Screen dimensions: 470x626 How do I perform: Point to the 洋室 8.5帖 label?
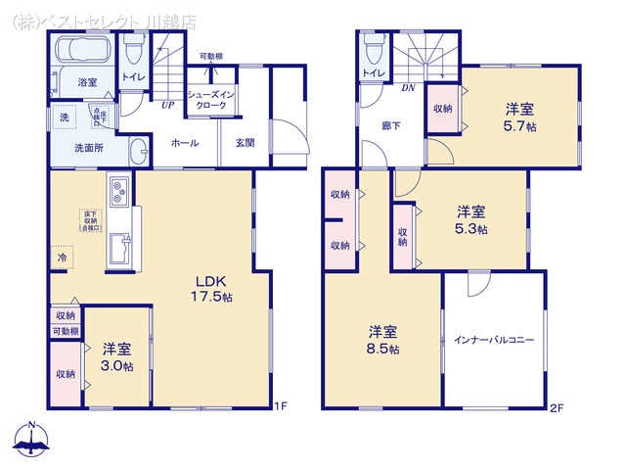click(383, 339)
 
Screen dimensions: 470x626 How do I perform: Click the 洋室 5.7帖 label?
click(520, 117)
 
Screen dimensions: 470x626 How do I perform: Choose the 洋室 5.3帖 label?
click(471, 218)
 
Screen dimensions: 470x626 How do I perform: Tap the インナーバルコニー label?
click(494, 340)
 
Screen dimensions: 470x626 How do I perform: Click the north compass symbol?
click(31, 440)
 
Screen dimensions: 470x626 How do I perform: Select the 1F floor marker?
click(281, 406)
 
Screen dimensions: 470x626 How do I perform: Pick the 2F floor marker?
click(557, 406)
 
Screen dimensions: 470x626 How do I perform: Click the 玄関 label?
click(245, 143)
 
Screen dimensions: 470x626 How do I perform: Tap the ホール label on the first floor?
click(185, 143)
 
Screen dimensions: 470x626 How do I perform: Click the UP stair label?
click(168, 103)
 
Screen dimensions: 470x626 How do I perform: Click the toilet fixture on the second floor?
click(373, 52)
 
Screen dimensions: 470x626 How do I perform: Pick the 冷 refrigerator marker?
click(62, 258)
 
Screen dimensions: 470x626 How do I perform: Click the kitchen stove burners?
click(119, 190)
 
